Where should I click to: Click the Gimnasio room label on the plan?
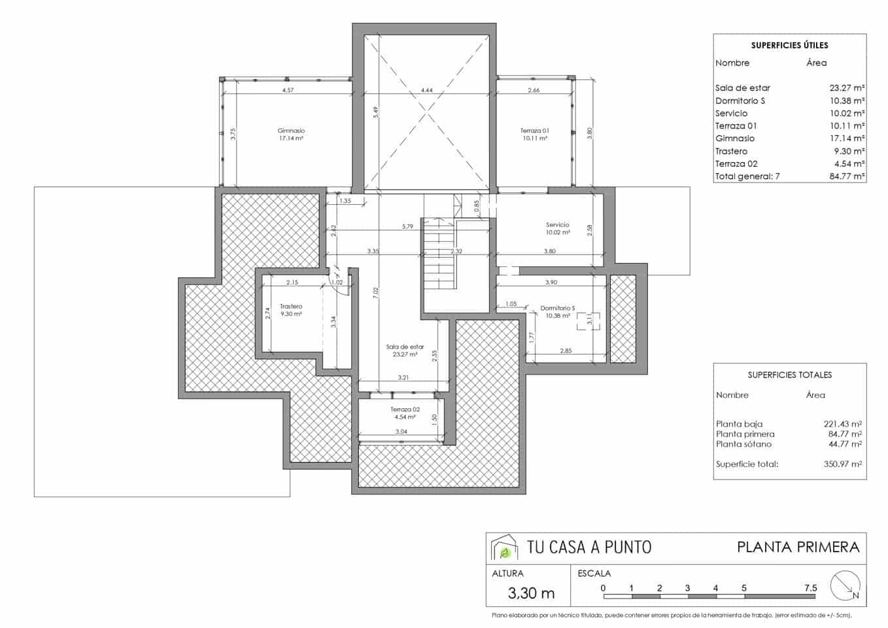(291, 131)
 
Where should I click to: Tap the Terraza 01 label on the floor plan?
(534, 131)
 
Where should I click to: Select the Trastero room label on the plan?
(291, 306)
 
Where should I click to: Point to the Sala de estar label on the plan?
(405, 347)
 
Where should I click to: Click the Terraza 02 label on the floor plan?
(405, 410)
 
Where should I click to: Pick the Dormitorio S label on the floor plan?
(557, 308)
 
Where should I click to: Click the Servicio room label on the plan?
(558, 224)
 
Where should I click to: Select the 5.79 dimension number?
(407, 226)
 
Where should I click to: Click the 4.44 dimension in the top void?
(426, 90)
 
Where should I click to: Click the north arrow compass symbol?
(844, 585)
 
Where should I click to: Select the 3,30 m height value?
(531, 593)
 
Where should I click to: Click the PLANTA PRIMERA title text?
(798, 547)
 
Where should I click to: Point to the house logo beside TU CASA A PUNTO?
(504, 548)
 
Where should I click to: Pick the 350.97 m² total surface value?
(842, 464)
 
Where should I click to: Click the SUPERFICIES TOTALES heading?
(789, 375)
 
